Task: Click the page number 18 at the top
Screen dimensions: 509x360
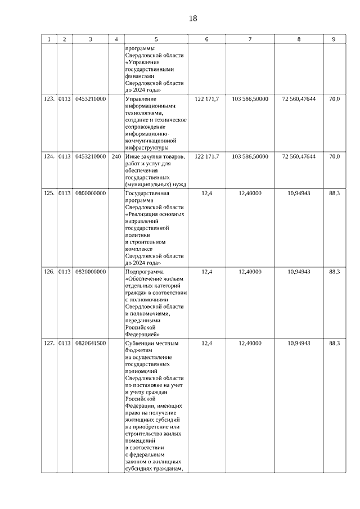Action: [193, 18]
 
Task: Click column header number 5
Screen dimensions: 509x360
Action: [156, 39]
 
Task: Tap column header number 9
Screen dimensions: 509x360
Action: [334, 39]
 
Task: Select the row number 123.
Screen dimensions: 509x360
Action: [49, 99]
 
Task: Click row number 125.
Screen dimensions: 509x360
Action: [49, 193]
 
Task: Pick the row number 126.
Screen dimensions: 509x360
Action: [49, 272]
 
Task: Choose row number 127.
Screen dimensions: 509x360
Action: [49, 343]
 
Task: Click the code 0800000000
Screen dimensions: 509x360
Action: [91, 193]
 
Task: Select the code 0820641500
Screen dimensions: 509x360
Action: [91, 343]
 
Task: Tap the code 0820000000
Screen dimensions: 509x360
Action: [91, 272]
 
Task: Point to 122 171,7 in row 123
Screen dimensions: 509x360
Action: [206, 99]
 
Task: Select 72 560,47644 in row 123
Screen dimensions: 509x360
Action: [299, 99]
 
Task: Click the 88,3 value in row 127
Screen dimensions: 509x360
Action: [334, 343]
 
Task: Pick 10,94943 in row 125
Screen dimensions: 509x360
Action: [299, 193]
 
